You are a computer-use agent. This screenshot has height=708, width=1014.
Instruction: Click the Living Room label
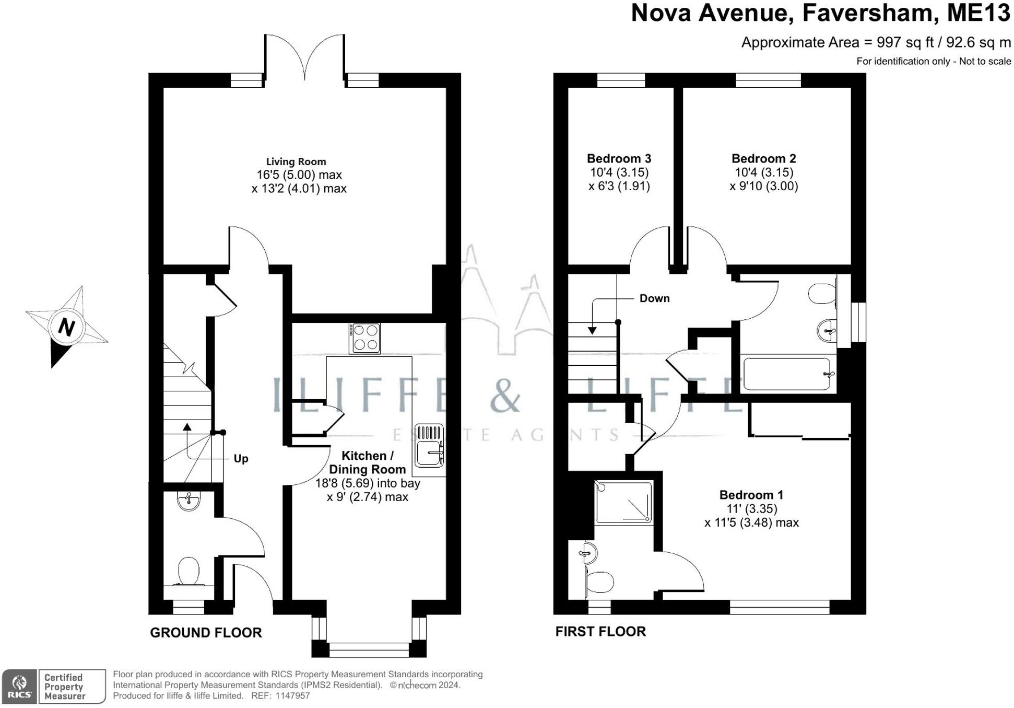[x=296, y=162]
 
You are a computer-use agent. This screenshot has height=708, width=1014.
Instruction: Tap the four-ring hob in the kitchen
[x=365, y=338]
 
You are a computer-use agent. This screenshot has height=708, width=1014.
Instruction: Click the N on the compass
[x=66, y=327]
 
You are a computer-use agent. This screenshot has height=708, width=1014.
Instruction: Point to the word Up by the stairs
[x=241, y=459]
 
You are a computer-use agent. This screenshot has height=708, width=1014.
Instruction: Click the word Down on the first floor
[x=654, y=298]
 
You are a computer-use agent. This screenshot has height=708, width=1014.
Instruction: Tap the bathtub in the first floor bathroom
[x=786, y=374]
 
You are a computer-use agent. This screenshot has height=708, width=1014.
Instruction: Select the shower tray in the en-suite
[x=624, y=503]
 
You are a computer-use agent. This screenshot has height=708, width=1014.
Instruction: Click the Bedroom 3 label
[x=619, y=158]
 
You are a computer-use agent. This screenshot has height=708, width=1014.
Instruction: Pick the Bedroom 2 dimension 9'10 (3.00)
[x=764, y=186]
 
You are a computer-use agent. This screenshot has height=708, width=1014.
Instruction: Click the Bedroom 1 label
[x=751, y=495]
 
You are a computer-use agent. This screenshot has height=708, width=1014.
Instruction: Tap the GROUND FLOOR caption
[x=206, y=633]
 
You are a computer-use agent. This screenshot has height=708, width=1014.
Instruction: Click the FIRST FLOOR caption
[x=600, y=632]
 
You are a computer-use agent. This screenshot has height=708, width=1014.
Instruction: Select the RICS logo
[x=19, y=686]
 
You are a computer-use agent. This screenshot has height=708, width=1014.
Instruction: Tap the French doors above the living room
[x=304, y=57]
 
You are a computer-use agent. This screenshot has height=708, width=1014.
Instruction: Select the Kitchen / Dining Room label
[x=367, y=462]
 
